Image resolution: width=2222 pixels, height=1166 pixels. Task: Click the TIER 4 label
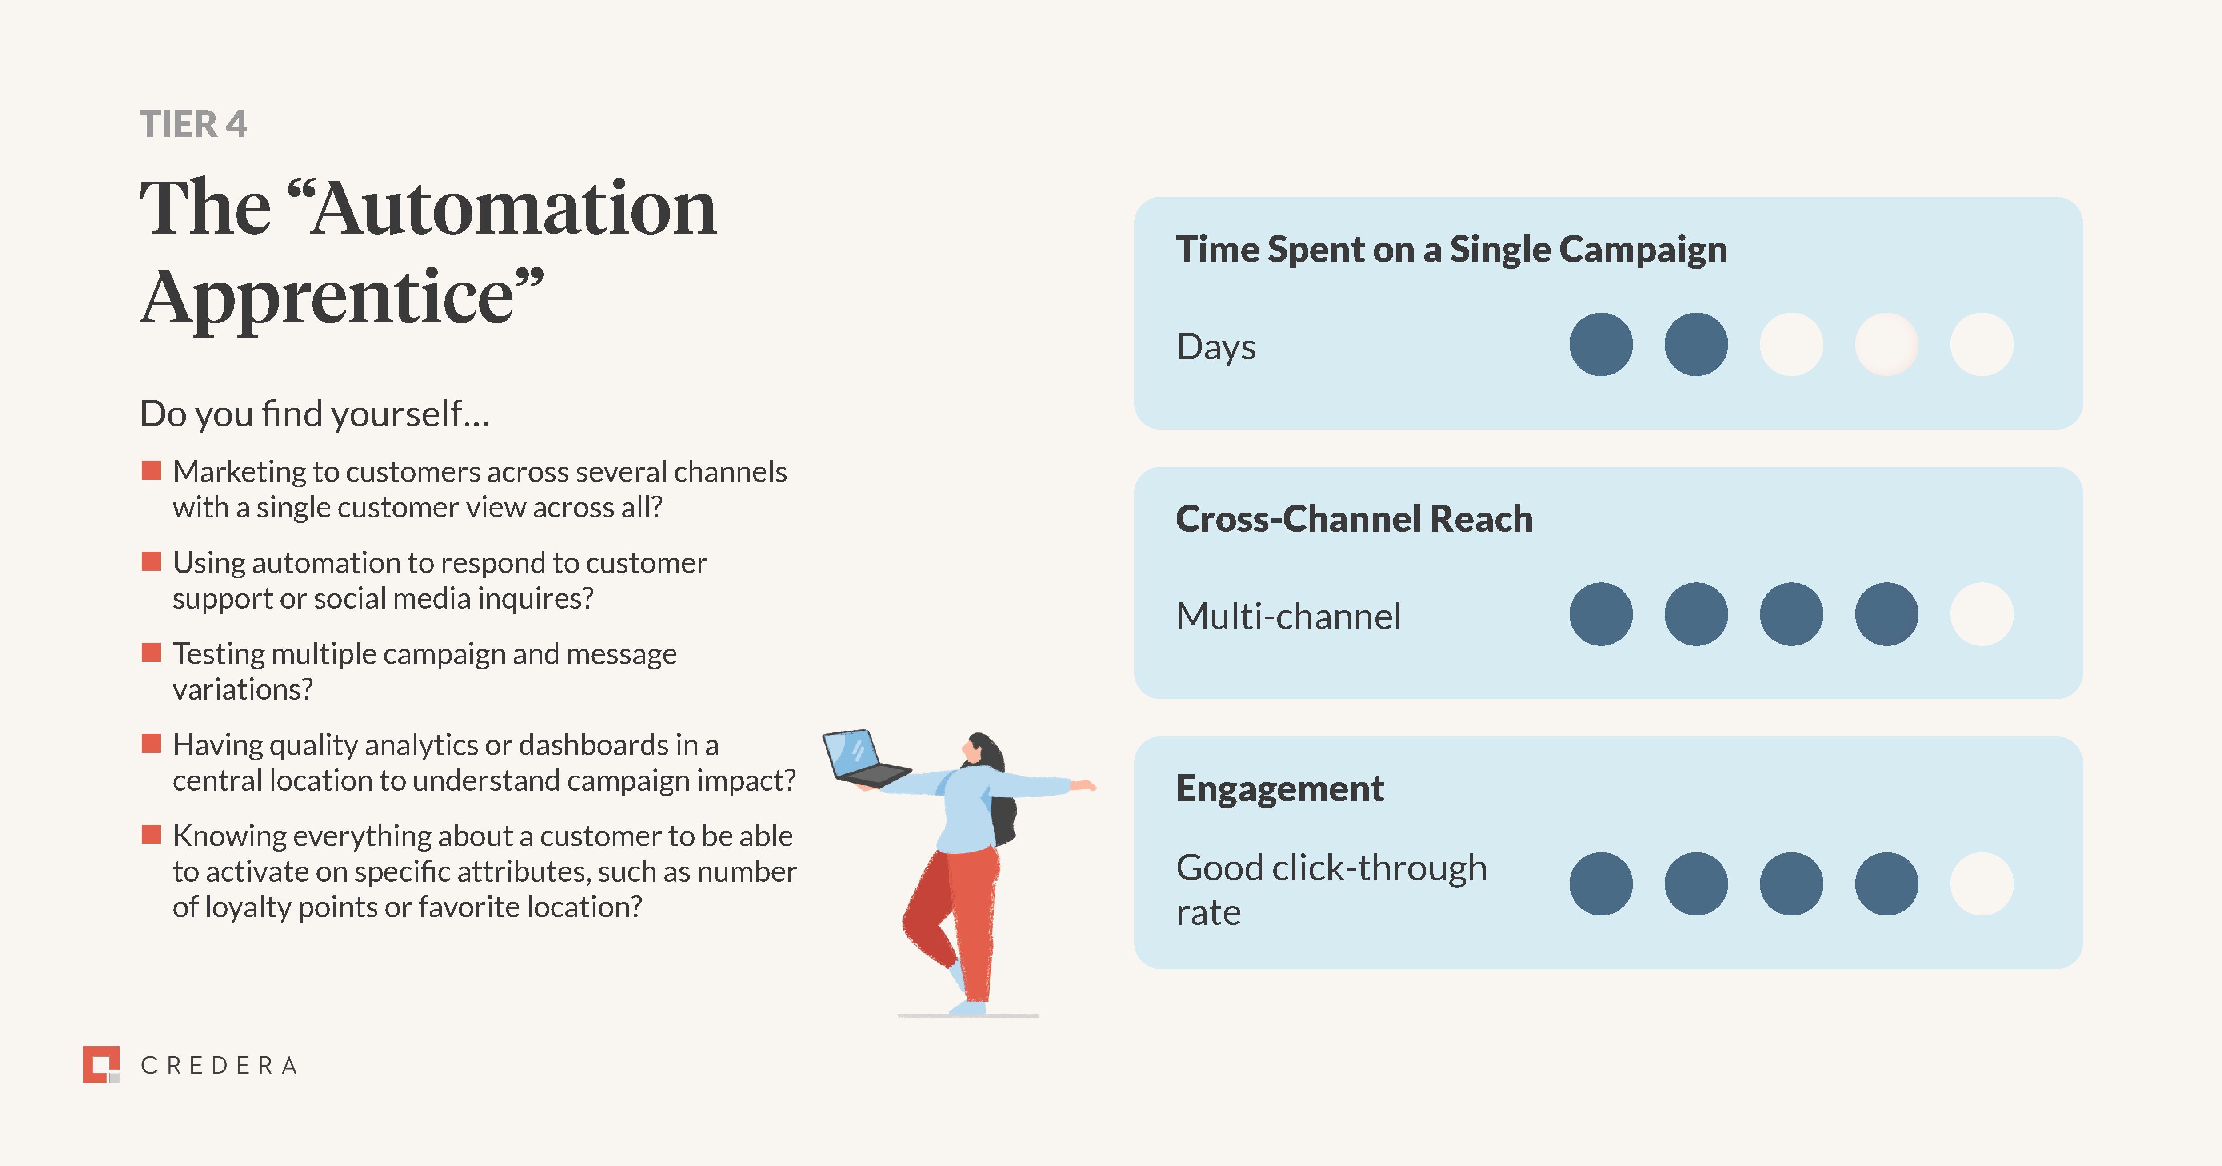click(x=193, y=124)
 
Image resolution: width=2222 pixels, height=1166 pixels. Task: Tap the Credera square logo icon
click(x=101, y=1064)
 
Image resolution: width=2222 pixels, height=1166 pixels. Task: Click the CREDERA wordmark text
click(x=219, y=1066)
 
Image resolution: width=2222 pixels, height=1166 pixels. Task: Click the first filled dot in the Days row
click(x=1601, y=344)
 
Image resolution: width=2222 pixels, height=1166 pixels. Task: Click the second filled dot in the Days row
click(x=1696, y=344)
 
